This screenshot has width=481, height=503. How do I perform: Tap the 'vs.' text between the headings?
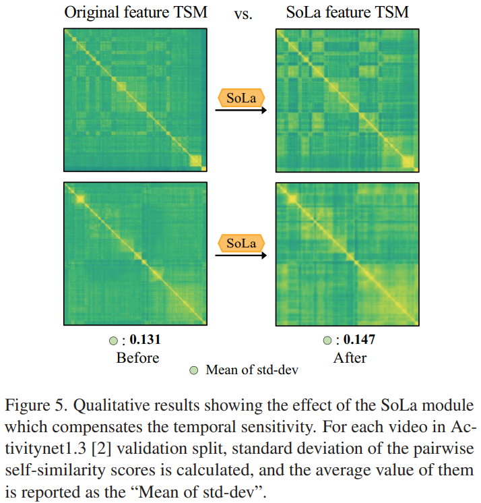pos(243,13)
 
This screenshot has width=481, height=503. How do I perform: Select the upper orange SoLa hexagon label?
pos(241,98)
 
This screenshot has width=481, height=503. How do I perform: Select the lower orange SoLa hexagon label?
pos(241,243)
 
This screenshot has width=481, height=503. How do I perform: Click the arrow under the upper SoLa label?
pos(241,113)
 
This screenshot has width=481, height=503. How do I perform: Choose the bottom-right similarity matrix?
pos(346,252)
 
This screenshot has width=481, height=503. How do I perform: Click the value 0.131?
pos(145,341)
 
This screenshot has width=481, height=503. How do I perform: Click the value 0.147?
pos(357,341)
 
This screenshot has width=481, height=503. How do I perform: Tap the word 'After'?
pos(348,357)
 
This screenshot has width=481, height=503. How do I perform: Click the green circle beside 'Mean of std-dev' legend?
pos(194,370)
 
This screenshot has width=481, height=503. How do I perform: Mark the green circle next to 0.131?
pos(114,341)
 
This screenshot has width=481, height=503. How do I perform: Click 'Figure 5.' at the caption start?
pos(35,407)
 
